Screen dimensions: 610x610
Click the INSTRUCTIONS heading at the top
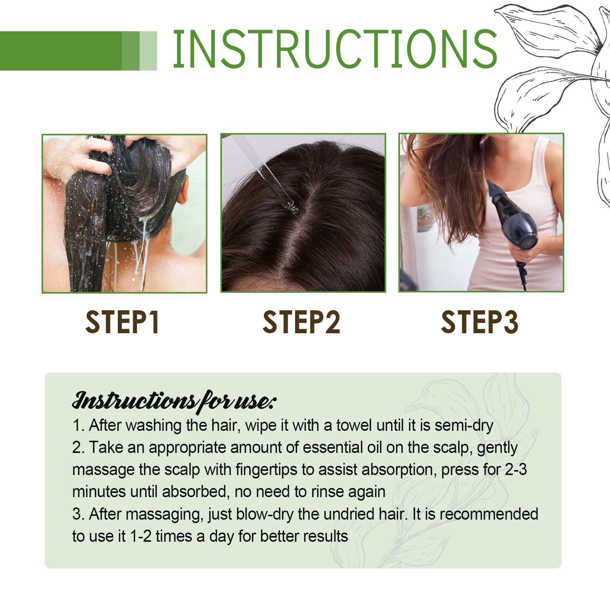point(335,50)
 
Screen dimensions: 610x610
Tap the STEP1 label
point(122,323)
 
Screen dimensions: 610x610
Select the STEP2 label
point(301,323)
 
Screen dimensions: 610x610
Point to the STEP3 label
point(480,323)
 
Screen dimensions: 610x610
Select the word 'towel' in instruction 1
point(355,425)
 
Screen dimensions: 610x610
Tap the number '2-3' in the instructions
point(516,470)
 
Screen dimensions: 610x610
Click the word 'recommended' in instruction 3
point(489,514)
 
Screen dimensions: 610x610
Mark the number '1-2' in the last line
point(141,536)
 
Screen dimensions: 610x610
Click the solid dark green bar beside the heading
point(61,51)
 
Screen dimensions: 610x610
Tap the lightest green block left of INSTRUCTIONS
point(148,51)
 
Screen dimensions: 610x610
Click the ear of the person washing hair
point(183,191)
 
